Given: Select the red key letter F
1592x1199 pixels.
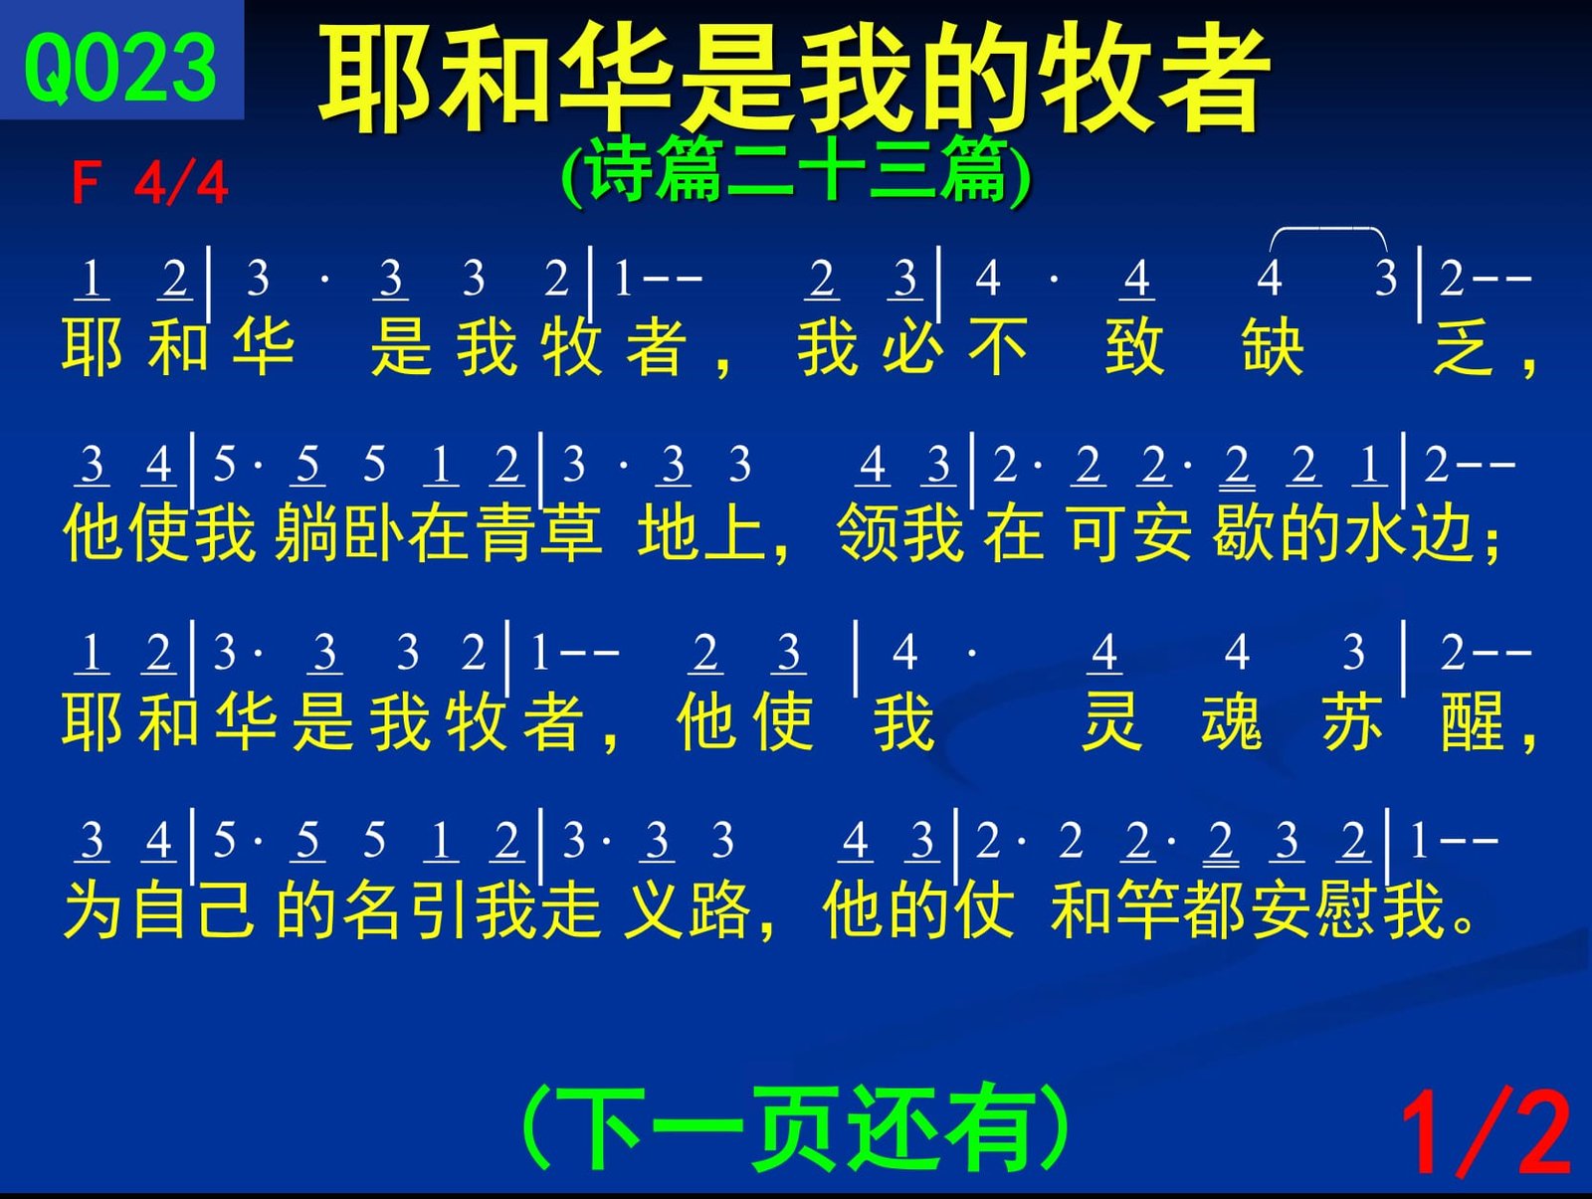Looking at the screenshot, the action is coord(86,183).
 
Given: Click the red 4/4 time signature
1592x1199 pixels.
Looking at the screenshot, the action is coord(181,183).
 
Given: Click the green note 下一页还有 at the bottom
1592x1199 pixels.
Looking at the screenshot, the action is coord(796,1128).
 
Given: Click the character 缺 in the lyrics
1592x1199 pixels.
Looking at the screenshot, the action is coord(1273,347).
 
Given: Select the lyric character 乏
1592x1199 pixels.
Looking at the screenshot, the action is coord(1464,347).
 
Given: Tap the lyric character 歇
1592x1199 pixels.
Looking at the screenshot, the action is coord(1243,534).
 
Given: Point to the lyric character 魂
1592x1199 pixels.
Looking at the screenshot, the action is coord(1231,721).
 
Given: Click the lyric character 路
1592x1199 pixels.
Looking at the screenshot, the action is coord(719,909).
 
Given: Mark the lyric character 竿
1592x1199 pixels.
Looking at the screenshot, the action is coord(1147,909).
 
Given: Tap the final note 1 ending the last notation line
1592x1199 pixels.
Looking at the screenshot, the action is coord(1420,841).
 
